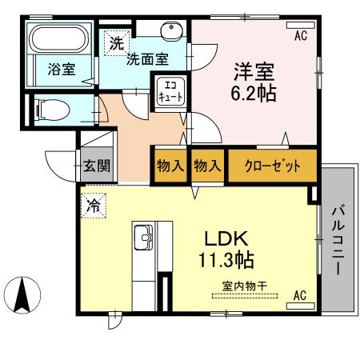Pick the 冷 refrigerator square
point(94,205)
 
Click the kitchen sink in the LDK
point(144,237)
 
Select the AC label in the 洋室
point(301,35)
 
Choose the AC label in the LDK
point(299,296)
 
